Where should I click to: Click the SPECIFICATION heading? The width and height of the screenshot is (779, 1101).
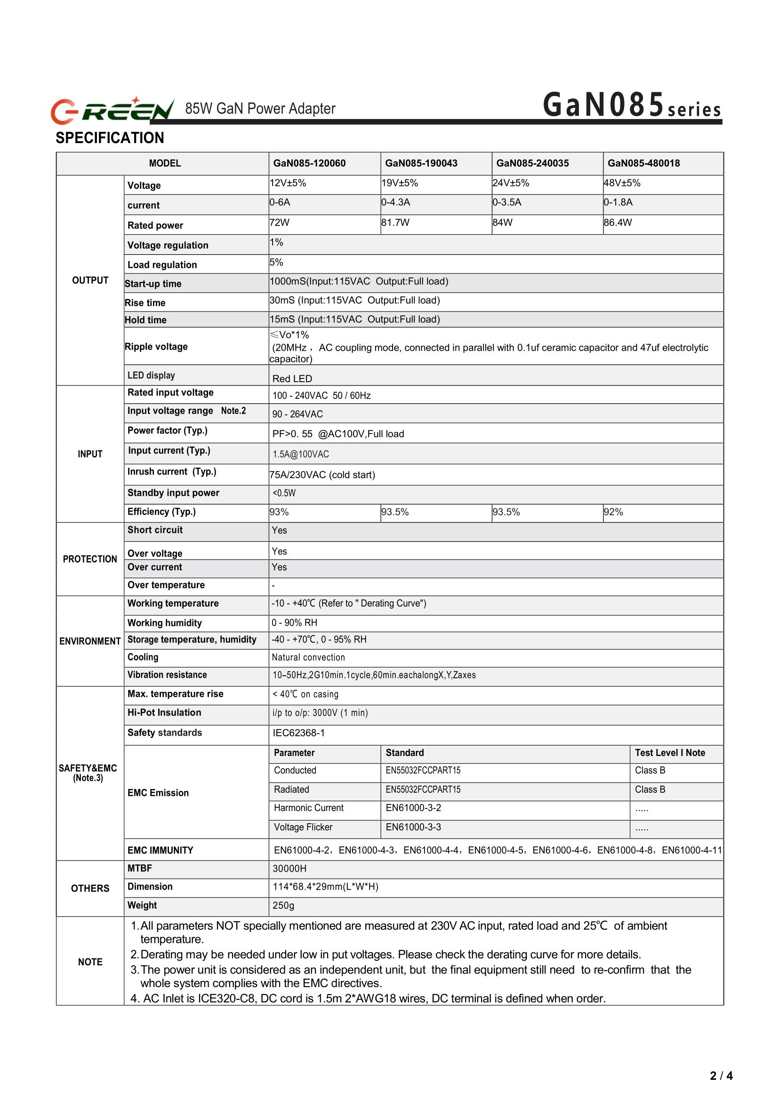pos(110,138)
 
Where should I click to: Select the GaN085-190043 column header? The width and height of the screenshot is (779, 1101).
pos(421,164)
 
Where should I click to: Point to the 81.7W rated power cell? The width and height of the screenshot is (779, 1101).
pos(396,223)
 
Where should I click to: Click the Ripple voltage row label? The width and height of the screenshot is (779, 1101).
pos(156,347)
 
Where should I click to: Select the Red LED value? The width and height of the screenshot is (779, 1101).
pos(292,379)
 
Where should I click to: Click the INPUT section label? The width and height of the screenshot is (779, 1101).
pos(90,454)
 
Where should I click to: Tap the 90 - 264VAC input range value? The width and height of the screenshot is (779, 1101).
pos(297,415)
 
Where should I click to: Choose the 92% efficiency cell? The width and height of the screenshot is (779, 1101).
pos(613,512)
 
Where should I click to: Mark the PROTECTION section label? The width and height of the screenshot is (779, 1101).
pos(90,559)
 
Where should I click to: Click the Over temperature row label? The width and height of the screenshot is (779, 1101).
pos(166,585)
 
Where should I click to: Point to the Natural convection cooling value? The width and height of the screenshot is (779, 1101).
pos(308,658)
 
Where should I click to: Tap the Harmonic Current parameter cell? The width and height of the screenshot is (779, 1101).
pos(308,808)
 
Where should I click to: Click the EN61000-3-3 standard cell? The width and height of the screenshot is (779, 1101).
pos(413,828)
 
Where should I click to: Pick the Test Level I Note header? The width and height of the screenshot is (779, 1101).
pos(670,753)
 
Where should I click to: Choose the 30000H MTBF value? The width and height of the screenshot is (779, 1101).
pos(289,869)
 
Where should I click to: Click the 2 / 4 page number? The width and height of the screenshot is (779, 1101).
pos(721,1076)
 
